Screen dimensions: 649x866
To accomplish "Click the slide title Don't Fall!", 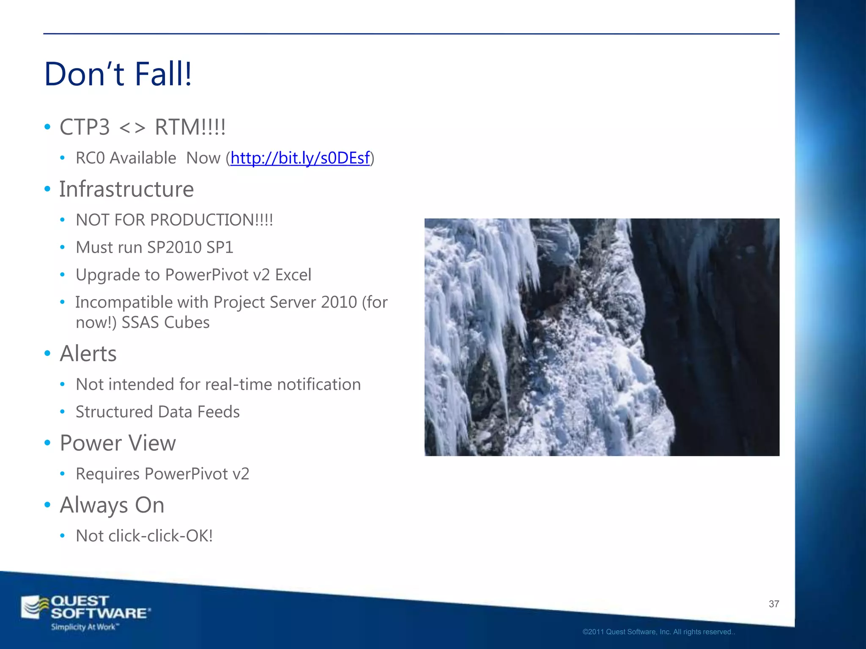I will click(x=118, y=74).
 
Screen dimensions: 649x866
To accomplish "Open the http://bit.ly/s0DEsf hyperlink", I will click(x=300, y=158).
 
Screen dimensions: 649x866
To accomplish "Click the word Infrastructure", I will click(x=126, y=189).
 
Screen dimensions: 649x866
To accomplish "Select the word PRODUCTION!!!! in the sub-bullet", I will click(x=211, y=220).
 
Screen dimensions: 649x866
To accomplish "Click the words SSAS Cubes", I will click(x=165, y=323).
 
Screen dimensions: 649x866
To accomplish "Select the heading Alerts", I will click(x=88, y=354).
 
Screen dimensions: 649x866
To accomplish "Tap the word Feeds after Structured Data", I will click(x=218, y=412).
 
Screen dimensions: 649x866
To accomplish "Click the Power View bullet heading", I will click(x=118, y=443).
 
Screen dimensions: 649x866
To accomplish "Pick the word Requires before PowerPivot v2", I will click(x=107, y=474).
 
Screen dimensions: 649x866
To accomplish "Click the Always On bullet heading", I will click(x=112, y=505).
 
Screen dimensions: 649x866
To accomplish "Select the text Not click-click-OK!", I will click(x=144, y=536).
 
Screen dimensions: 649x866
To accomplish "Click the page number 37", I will click(x=774, y=604).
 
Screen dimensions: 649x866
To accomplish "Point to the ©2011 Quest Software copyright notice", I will click(x=658, y=632).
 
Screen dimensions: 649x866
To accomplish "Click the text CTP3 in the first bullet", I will click(x=85, y=127).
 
